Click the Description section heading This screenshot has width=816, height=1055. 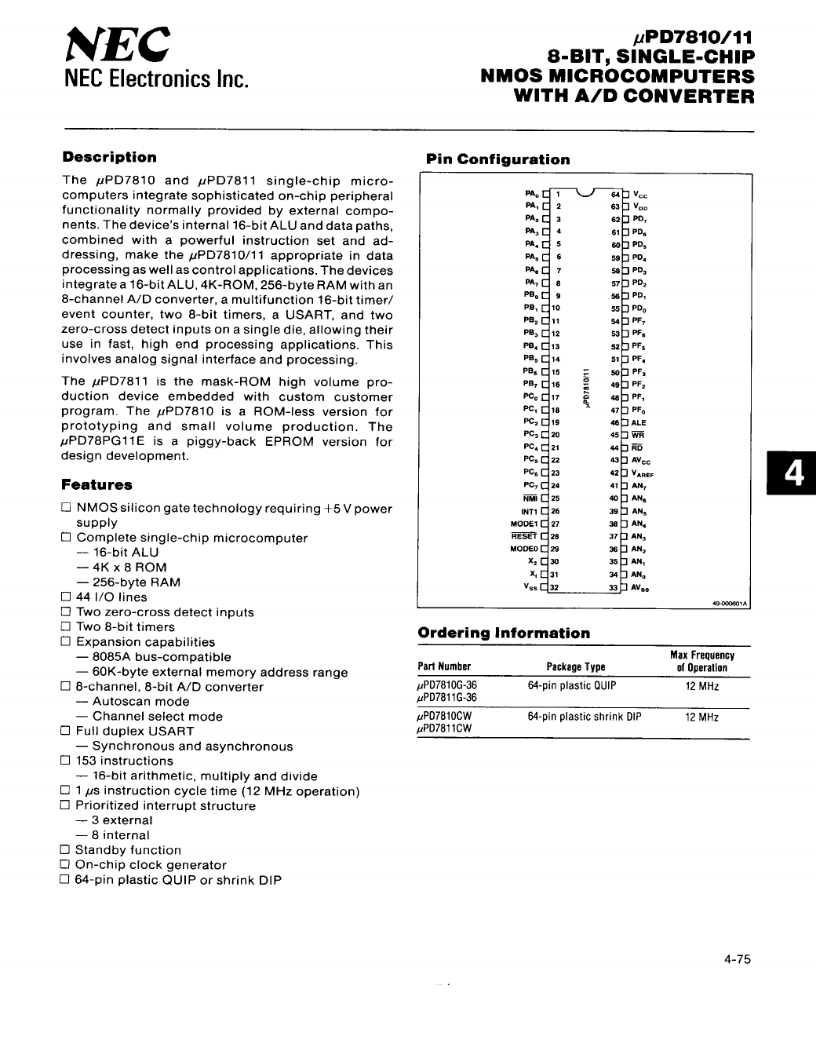(x=110, y=157)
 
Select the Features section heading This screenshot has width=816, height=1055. (x=97, y=485)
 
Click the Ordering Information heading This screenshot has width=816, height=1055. (x=504, y=633)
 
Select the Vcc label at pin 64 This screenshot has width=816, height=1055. (x=639, y=195)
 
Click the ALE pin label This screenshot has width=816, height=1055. (x=639, y=422)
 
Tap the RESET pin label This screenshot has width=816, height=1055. (x=523, y=536)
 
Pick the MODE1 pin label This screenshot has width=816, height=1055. (x=523, y=524)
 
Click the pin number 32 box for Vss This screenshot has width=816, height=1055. (x=554, y=587)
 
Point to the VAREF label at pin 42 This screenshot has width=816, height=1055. (x=643, y=473)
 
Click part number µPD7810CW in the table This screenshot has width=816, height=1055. (x=445, y=717)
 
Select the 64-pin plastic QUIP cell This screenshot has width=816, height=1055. (x=572, y=686)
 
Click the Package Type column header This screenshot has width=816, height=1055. (x=576, y=667)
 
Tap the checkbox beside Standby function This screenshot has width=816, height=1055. (x=65, y=850)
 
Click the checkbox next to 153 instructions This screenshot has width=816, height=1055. (x=65, y=761)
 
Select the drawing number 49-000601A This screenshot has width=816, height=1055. (x=730, y=604)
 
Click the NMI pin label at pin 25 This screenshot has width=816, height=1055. (x=530, y=498)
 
